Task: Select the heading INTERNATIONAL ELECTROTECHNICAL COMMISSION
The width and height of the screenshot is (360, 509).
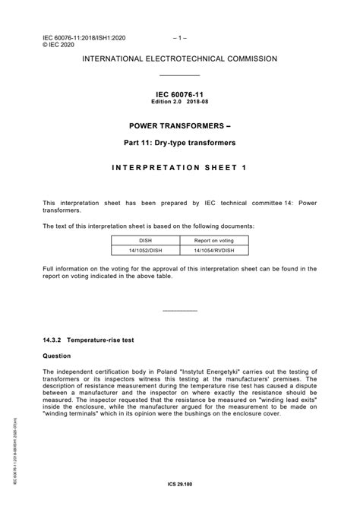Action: [180, 58]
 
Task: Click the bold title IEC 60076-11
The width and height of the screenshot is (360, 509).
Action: [180, 95]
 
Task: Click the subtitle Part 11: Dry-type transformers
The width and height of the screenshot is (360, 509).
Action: [180, 143]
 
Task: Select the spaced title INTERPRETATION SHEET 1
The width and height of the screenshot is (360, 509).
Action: [180, 167]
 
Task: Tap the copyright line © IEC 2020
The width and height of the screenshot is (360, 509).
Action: [59, 44]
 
